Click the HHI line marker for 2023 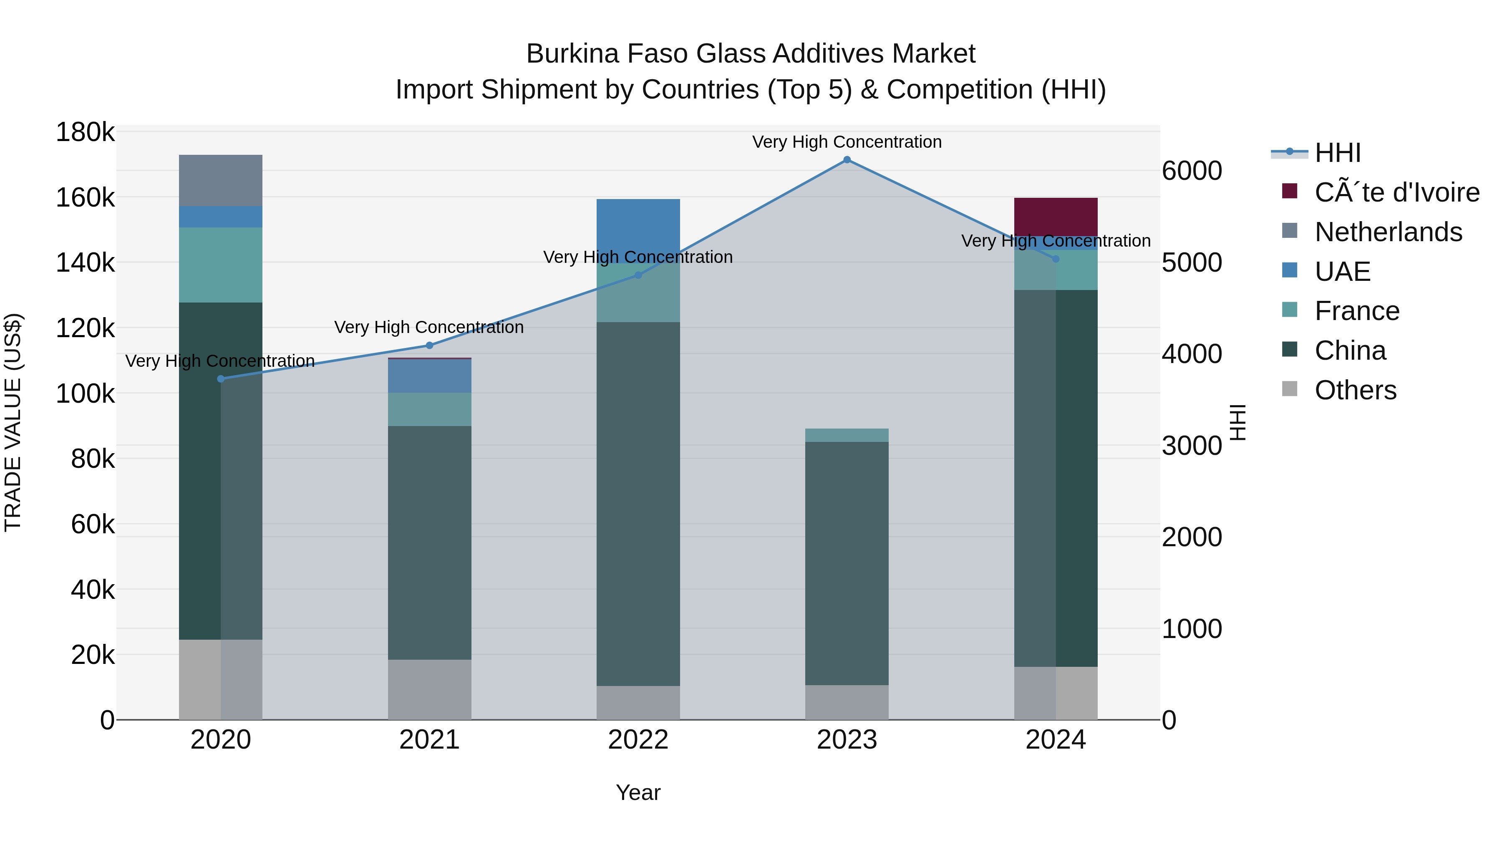(847, 160)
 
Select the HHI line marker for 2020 (220, 379)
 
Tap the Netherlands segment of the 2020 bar (220, 180)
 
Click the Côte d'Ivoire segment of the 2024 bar (1056, 217)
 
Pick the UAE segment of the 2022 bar (638, 231)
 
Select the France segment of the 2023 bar (847, 435)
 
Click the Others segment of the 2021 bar (429, 689)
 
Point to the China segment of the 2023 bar (847, 563)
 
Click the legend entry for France (1356, 311)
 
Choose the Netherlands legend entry (1388, 232)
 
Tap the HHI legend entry (1338, 153)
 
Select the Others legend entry (1355, 390)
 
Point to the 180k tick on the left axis (85, 132)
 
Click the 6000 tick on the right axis (1191, 171)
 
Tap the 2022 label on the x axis (638, 740)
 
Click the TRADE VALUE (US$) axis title (13, 422)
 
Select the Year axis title (638, 792)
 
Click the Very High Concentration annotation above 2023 (847, 142)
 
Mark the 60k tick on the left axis (92, 524)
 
